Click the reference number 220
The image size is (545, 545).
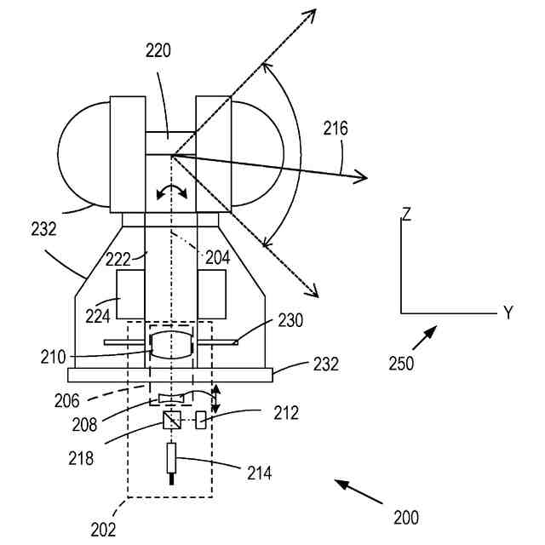pos(158,50)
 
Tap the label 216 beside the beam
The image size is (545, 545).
pos(336,129)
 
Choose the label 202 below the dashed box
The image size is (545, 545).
pos(103,529)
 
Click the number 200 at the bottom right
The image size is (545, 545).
pos(405,517)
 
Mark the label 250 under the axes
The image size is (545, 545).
pos(401,363)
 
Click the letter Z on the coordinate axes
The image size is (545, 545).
pos(407,214)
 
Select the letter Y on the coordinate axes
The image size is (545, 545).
pos(508,313)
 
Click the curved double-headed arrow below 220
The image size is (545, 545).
pos(172,192)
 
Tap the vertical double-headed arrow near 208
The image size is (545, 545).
pos(215,399)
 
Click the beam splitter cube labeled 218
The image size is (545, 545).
pos(172,421)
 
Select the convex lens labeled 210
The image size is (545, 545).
pos(172,346)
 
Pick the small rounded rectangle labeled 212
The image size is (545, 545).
pos(200,421)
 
